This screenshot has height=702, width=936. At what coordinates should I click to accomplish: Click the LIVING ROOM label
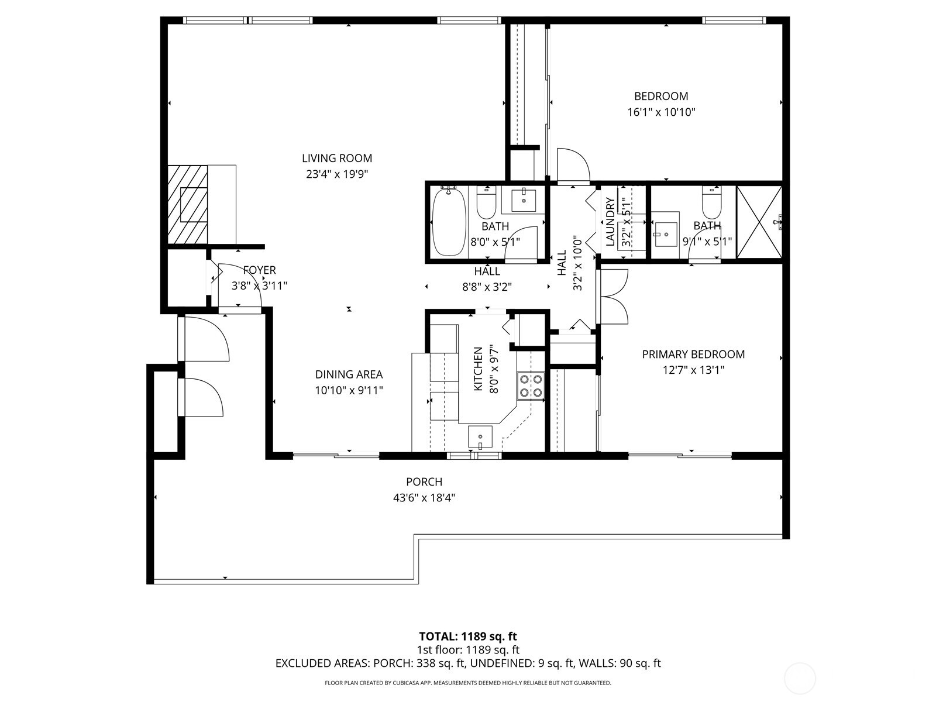[x=336, y=158]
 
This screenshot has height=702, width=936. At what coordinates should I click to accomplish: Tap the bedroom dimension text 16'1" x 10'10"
[x=661, y=112]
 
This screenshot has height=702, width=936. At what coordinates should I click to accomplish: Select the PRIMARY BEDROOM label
[x=693, y=354]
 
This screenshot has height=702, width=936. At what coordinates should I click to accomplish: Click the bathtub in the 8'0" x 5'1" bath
[x=449, y=221]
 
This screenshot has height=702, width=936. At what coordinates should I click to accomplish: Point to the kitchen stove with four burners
[x=530, y=386]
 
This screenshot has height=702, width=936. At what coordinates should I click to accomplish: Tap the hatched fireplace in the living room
[x=188, y=204]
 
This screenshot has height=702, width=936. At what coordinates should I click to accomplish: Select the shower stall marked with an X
[x=759, y=222]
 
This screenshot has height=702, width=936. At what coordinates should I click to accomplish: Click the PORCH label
[x=424, y=482]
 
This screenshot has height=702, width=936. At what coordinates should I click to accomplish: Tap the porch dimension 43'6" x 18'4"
[x=424, y=498]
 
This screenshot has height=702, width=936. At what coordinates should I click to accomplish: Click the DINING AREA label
[x=349, y=374]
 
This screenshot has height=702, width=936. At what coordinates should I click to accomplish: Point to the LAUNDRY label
[x=610, y=222]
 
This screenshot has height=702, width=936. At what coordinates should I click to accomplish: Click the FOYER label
[x=259, y=270]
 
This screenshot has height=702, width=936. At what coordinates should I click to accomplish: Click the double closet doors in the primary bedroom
[x=613, y=297]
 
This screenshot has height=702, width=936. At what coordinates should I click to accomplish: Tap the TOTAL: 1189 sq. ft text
[x=468, y=636]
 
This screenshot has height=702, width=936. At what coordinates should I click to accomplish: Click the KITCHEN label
[x=478, y=370]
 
